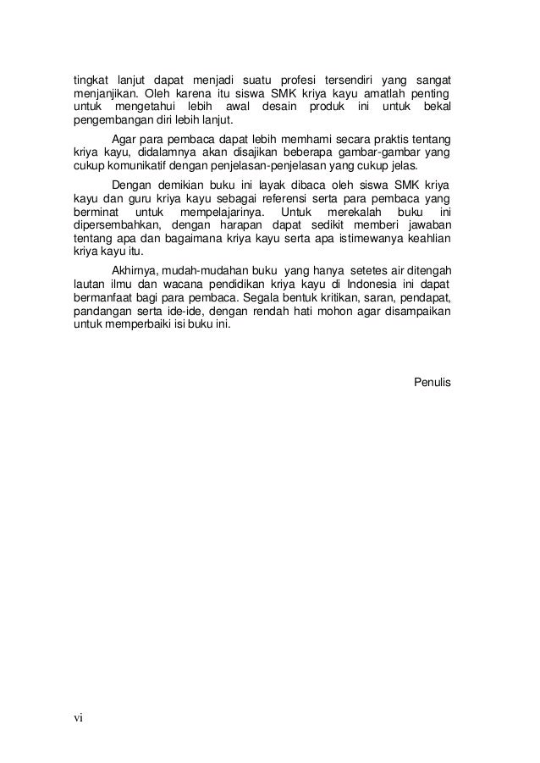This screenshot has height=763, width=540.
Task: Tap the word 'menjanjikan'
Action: [102, 92]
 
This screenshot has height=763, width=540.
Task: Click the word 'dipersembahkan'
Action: [113, 225]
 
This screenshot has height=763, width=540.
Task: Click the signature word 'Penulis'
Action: [432, 383]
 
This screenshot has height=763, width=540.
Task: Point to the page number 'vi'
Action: [78, 718]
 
